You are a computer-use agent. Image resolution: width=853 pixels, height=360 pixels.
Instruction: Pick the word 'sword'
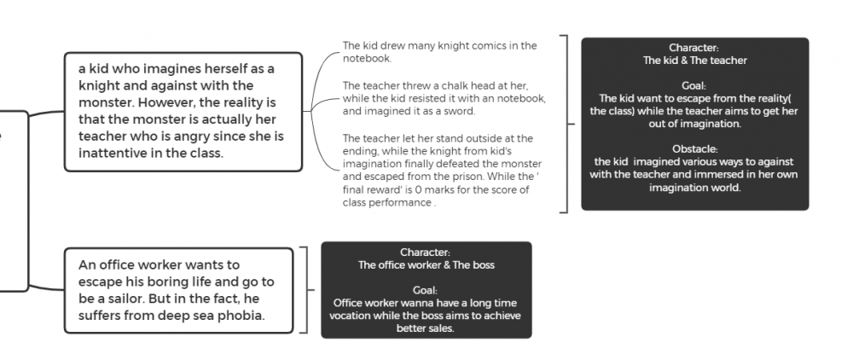pos(461,112)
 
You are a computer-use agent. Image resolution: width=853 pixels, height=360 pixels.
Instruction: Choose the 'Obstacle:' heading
pos(694,149)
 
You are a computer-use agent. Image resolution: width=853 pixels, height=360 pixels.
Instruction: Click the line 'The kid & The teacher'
pos(694,61)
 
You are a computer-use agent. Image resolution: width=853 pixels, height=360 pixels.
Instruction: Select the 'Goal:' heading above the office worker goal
pos(425,290)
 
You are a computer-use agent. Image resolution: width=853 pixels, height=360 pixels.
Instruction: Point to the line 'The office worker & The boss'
pos(426,265)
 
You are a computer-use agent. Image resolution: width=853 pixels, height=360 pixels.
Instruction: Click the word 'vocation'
pos(350,316)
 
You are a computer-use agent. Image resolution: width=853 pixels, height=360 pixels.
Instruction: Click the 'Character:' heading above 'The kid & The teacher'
pos(694,48)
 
